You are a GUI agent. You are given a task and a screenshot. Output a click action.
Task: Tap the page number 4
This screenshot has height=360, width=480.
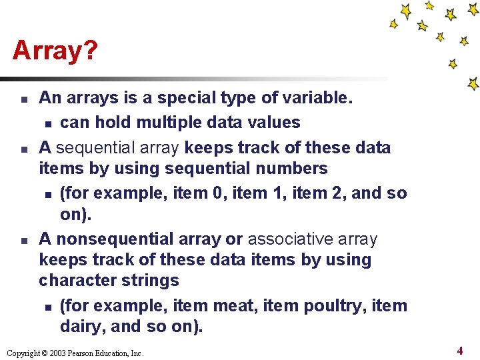[x=459, y=350]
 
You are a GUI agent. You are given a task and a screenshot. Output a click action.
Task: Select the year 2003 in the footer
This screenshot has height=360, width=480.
[x=55, y=353]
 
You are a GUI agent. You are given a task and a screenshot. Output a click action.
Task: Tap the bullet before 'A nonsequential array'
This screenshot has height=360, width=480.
[x=23, y=239]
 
